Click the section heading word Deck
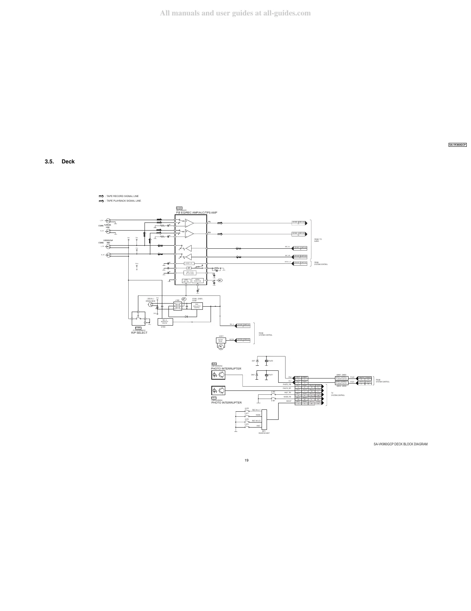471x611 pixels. coord(68,161)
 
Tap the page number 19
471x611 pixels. coord(247,460)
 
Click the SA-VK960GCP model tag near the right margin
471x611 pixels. coord(457,145)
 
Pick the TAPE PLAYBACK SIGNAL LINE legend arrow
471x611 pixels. coord(102,201)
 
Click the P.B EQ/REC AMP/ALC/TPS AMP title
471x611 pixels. coord(197,213)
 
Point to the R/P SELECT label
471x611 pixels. coord(139,333)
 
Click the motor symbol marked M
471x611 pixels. coord(221,346)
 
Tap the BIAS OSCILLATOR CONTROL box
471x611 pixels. coord(197,306)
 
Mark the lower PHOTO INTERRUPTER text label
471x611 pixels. coord(226,402)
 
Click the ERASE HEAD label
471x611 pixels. coord(151,301)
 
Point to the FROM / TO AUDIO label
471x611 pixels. coord(318,240)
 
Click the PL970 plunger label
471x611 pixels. coord(271,361)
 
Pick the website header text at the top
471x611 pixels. coord(235,13)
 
